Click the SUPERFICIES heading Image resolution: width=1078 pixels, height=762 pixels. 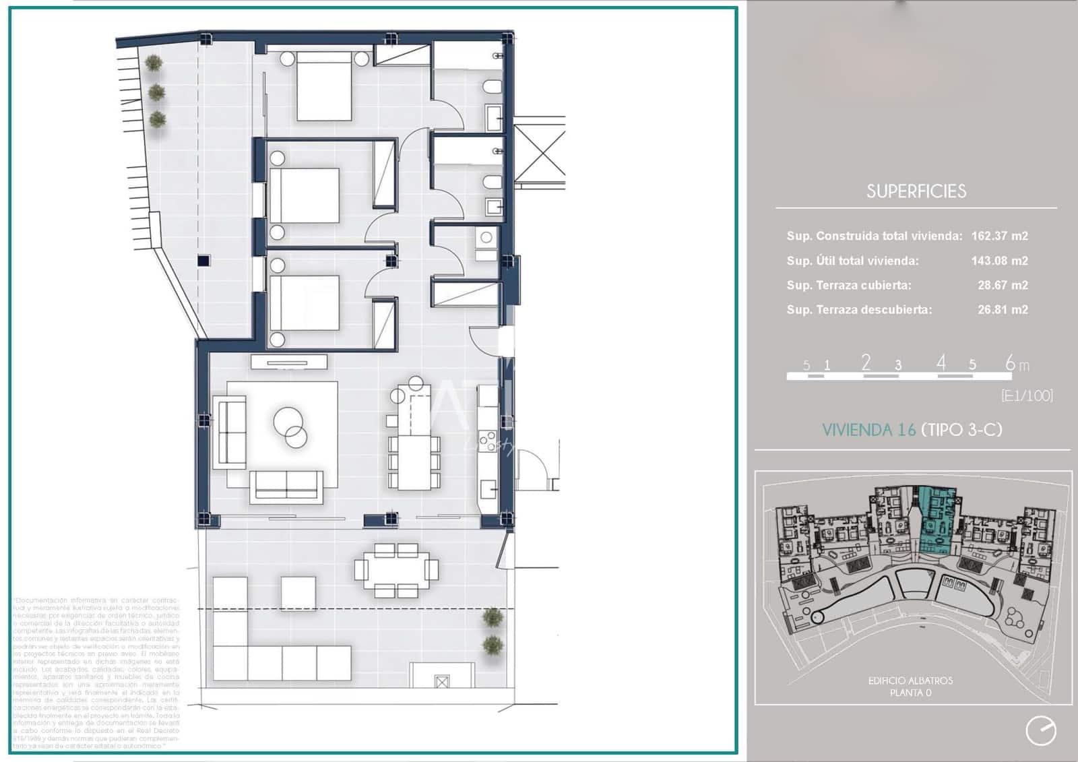tap(916, 191)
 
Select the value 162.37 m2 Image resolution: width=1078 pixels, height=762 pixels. tap(999, 236)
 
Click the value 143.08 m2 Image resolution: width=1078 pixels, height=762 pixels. tap(999, 261)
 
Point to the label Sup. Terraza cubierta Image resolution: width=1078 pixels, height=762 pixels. tap(848, 285)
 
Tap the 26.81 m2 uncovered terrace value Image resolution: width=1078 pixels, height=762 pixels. tap(1003, 310)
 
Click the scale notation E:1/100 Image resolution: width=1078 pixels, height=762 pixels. tap(1027, 395)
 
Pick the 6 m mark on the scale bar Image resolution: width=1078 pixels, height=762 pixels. tap(1011, 364)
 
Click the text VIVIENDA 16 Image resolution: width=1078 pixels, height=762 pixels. tap(868, 430)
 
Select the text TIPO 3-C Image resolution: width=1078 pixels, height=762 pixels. tap(961, 430)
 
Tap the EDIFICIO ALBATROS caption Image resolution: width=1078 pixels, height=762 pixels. tap(910, 680)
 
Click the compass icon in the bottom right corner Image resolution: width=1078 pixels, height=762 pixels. tap(1040, 731)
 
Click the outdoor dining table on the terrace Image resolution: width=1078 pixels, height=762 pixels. tap(396, 570)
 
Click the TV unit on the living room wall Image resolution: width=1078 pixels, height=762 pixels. tap(289, 362)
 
